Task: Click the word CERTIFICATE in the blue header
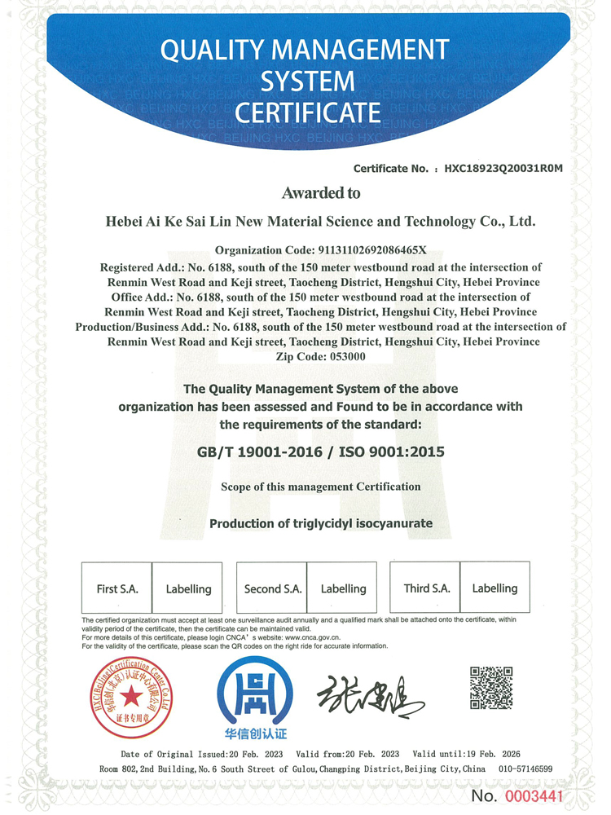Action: (x=307, y=111)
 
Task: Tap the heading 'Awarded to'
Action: (x=320, y=193)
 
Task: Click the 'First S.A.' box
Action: (x=117, y=588)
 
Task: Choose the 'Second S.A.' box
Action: (x=273, y=588)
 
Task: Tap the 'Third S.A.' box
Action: (x=427, y=588)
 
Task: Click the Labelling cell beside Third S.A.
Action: (x=495, y=588)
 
